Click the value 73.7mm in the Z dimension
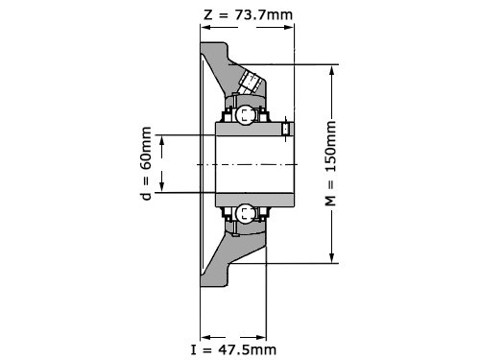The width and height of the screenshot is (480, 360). [x=264, y=14]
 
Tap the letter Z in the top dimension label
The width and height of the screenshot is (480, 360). [x=208, y=14]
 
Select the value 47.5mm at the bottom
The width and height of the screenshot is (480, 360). [x=247, y=349]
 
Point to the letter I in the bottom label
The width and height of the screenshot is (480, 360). [x=193, y=349]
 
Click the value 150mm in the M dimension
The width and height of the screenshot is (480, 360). [x=331, y=147]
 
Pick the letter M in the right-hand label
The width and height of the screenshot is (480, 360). [x=331, y=201]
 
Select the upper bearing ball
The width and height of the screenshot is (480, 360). [x=246, y=114]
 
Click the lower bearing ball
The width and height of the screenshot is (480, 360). [x=246, y=213]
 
